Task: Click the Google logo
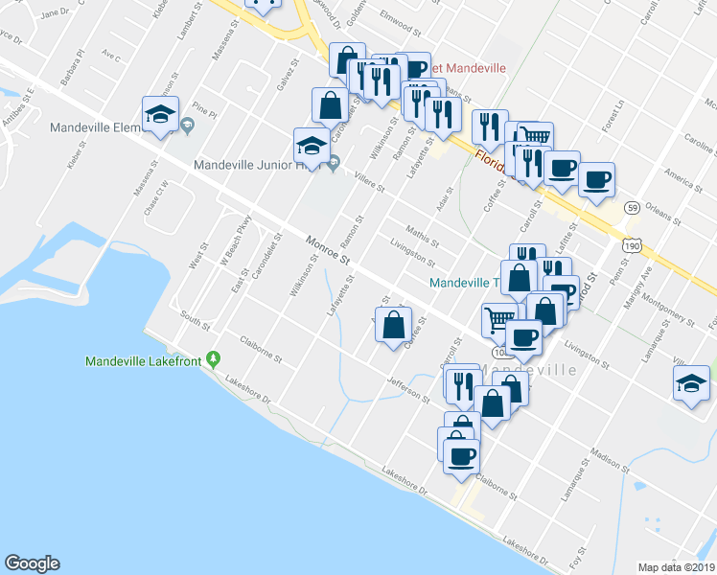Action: [32, 563]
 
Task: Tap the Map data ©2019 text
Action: [676, 567]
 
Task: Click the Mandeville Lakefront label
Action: [144, 361]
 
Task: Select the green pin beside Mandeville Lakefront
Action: [214, 360]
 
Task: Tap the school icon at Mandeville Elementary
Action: [159, 114]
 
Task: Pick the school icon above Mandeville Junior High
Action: [310, 145]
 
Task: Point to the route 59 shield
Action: [632, 206]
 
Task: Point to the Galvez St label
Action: [284, 75]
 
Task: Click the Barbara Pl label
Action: [72, 73]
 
